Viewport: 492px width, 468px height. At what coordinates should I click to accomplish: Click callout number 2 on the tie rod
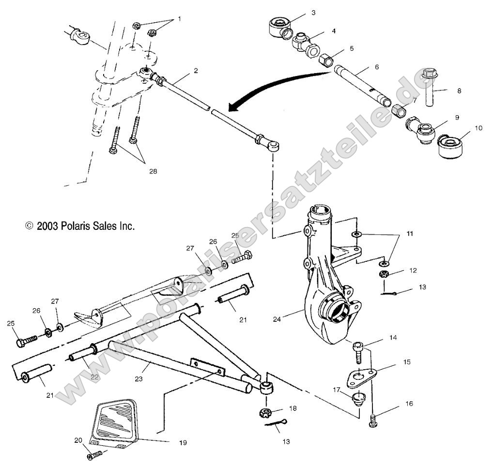195,71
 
